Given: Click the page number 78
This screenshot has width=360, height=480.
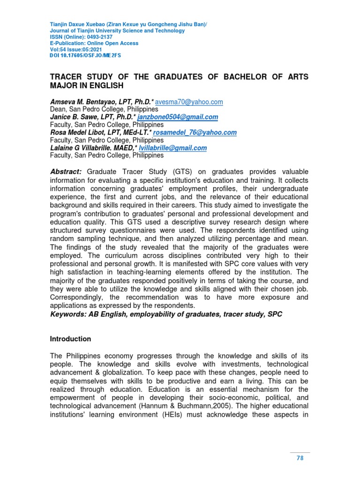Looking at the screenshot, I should [x=300, y=458].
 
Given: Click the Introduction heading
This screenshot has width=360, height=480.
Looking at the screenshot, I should [x=70, y=338].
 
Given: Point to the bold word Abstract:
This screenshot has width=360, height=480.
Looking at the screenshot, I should [x=66, y=172].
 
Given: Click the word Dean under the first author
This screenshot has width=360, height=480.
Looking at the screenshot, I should [x=58, y=109].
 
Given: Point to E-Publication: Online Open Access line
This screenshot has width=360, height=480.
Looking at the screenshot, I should [x=94, y=43].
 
